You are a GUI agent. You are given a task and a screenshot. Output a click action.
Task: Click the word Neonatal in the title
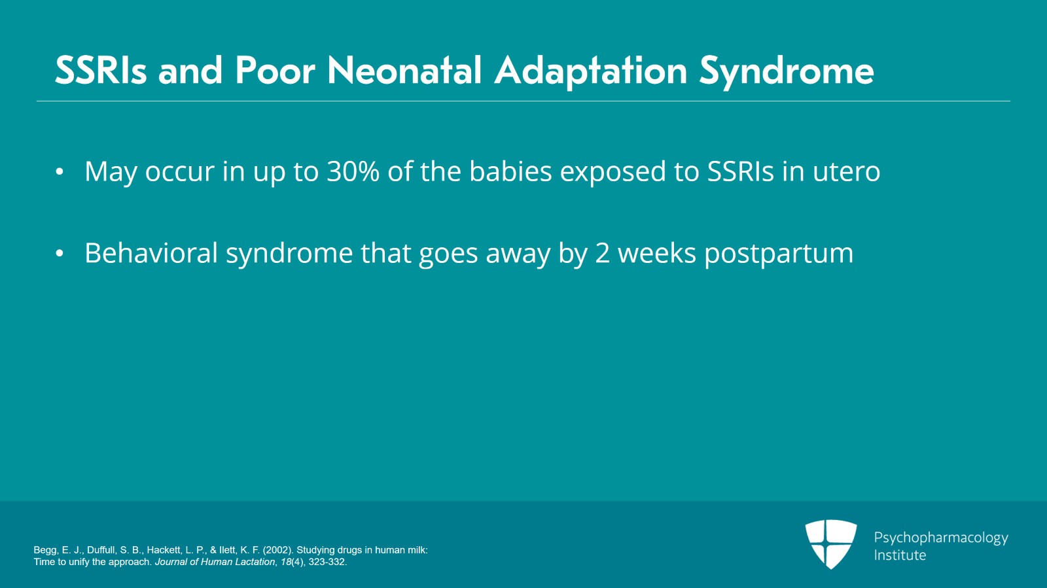pyautogui.click(x=404, y=71)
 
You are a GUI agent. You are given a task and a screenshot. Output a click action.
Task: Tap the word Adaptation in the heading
pyautogui.click(x=591, y=73)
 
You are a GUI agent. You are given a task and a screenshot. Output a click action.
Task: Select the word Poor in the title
pyautogui.click(x=275, y=71)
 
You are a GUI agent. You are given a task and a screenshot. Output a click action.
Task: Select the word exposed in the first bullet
pyautogui.click(x=612, y=172)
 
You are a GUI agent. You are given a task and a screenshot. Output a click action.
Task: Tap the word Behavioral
pyautogui.click(x=151, y=252)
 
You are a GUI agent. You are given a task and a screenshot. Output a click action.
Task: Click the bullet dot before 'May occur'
pyautogui.click(x=60, y=172)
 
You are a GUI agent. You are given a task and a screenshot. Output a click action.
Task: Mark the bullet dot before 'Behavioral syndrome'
pyautogui.click(x=60, y=254)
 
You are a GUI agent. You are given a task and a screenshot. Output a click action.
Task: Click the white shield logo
pyautogui.click(x=831, y=544)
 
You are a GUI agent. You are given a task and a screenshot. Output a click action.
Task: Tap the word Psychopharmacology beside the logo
pyautogui.click(x=941, y=538)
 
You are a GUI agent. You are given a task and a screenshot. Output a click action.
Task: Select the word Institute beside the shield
pyautogui.click(x=900, y=555)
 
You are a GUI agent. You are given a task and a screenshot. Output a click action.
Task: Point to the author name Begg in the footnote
pyautogui.click(x=45, y=550)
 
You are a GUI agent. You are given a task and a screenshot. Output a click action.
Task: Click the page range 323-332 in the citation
pyautogui.click(x=327, y=562)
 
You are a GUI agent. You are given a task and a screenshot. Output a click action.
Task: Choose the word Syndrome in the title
pyautogui.click(x=787, y=73)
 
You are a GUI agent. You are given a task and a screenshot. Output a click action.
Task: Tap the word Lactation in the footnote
pyautogui.click(x=255, y=562)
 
